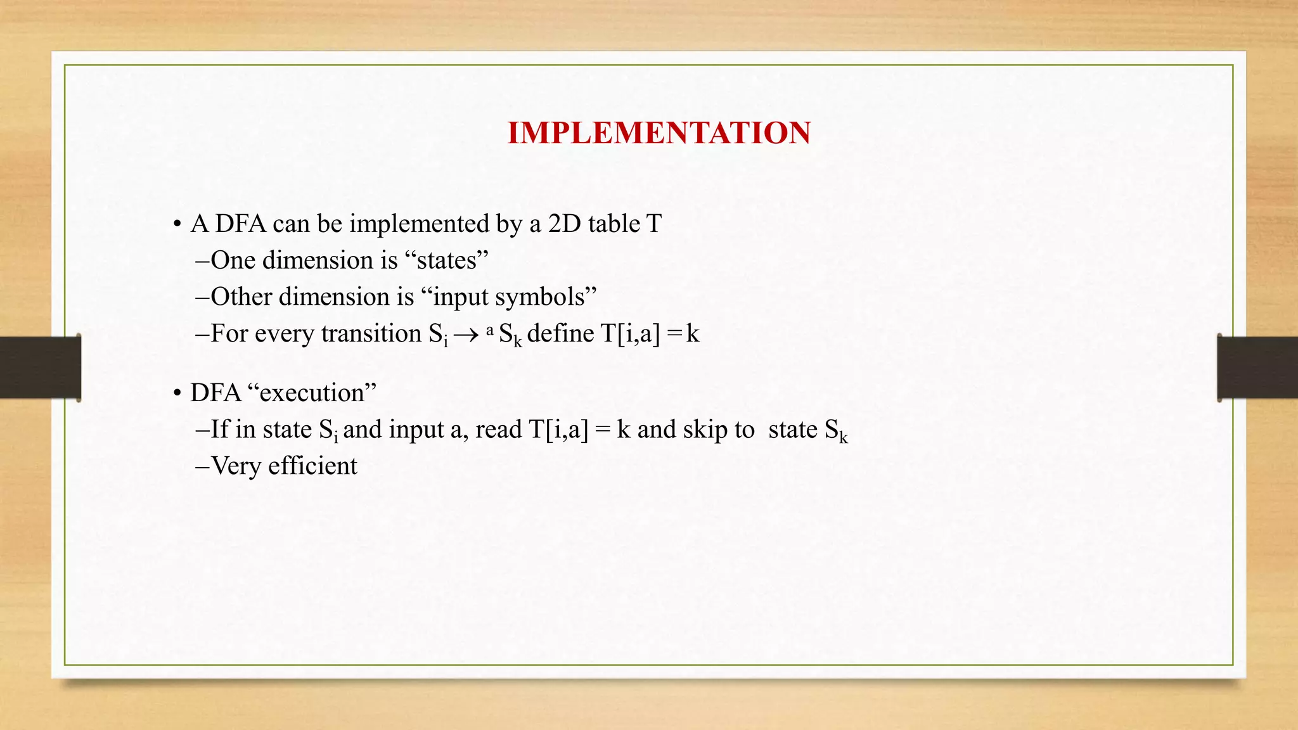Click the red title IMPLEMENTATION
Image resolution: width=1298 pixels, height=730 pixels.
659,133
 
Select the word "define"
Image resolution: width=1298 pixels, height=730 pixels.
560,333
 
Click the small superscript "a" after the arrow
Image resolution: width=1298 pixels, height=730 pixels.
489,330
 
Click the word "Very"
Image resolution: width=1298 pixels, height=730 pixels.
235,466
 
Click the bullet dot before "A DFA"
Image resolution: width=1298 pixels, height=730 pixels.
177,225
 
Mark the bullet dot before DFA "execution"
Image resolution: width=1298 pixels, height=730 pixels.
177,394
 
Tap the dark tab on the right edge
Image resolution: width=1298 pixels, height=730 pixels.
1257,368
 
